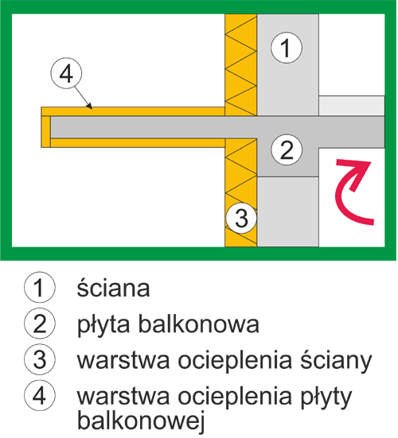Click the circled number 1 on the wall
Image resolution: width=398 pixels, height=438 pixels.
(287, 48)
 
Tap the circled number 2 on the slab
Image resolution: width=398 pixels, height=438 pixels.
(287, 149)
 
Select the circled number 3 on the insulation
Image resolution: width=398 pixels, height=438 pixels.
(241, 218)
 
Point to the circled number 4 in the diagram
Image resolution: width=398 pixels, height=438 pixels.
(66, 73)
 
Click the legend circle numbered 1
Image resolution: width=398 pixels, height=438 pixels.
(40, 288)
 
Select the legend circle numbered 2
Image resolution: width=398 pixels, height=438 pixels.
(40, 324)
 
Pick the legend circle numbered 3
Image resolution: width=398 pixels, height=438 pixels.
(40, 359)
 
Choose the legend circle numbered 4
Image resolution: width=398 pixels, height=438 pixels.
(40, 395)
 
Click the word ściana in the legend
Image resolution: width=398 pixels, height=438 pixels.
(113, 288)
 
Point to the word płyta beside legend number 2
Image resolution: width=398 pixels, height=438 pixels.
(103, 325)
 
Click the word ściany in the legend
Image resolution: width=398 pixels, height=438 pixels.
(336, 360)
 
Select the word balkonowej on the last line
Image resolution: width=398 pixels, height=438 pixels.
(140, 421)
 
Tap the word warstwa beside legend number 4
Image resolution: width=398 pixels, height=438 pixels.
(123, 397)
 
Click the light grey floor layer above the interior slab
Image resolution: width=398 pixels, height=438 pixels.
(352, 106)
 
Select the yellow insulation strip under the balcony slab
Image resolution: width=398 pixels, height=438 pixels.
(138, 143)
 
